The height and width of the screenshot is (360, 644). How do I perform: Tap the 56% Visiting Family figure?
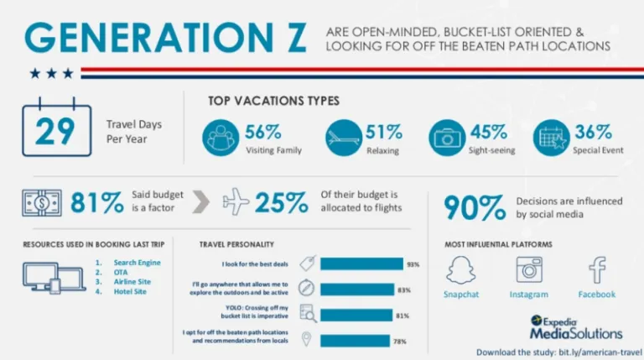click(x=262, y=132)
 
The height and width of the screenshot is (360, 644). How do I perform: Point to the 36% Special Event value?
click(x=594, y=132)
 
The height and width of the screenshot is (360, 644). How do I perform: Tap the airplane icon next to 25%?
click(x=236, y=202)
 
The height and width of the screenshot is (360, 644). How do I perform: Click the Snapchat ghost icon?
click(x=460, y=271)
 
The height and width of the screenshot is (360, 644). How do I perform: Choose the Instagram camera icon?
click(x=529, y=270)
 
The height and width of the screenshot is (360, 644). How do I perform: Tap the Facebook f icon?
click(x=596, y=270)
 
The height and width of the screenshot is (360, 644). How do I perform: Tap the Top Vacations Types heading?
click(x=273, y=101)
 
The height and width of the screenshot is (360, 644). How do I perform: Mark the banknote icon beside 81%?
click(x=42, y=202)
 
